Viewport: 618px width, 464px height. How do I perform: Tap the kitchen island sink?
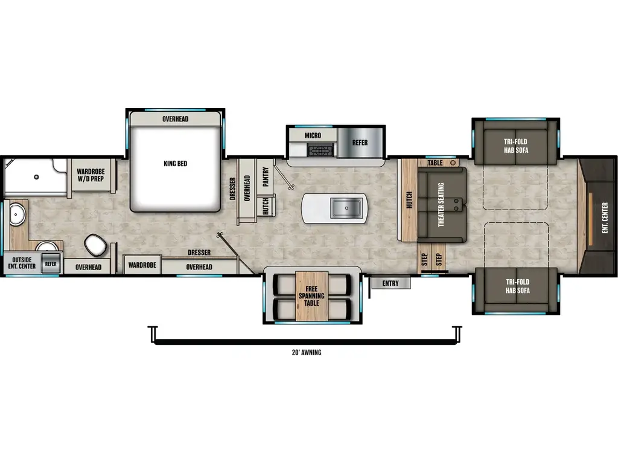pos(347,208)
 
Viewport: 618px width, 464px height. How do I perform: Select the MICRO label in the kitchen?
pos(313,135)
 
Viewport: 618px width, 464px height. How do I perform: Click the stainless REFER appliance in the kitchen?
pos(360,143)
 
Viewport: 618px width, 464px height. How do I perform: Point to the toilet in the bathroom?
pos(95,245)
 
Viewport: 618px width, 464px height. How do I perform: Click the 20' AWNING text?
pos(306,353)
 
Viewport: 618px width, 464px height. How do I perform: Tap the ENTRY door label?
pos(390,283)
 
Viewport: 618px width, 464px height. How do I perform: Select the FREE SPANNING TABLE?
pos(311,295)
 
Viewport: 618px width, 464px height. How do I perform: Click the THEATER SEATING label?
pos(441,204)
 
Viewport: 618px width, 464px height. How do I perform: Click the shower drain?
pos(36,177)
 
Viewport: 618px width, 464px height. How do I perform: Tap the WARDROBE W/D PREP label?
pos(91,175)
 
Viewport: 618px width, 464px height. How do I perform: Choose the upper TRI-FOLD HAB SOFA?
pos(515,146)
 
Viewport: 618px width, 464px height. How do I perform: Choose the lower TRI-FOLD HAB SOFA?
pos(515,286)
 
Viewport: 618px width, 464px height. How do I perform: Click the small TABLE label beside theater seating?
pos(435,163)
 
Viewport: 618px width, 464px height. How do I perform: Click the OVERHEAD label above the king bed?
pos(175,119)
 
